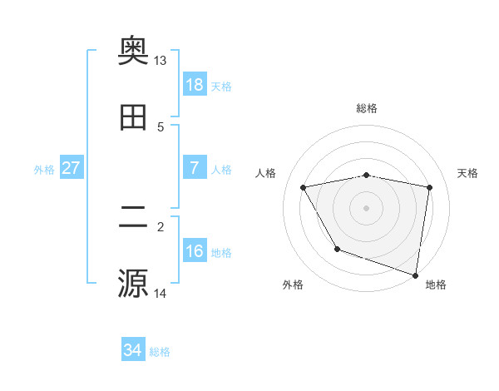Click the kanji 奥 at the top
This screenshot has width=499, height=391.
[134, 51]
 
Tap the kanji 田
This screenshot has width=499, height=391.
[134, 119]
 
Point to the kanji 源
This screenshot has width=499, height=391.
[134, 283]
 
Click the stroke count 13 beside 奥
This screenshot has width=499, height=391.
[161, 61]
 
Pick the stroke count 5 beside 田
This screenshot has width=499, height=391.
[161, 127]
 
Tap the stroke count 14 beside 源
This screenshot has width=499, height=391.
[161, 293]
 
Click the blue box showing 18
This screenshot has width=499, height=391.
[195, 85]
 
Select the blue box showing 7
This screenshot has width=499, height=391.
[195, 167]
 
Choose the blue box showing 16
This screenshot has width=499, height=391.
[195, 250]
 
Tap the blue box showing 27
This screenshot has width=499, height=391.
[72, 167]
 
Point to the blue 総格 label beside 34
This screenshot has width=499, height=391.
[160, 352]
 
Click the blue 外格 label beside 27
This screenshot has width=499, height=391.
[44, 169]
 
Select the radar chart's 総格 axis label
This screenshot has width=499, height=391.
[367, 108]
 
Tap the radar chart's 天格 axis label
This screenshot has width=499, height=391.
[468, 173]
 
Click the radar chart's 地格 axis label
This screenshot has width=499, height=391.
[436, 285]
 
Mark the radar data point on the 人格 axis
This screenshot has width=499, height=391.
[304, 188]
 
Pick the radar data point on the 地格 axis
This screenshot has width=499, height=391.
[416, 275]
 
